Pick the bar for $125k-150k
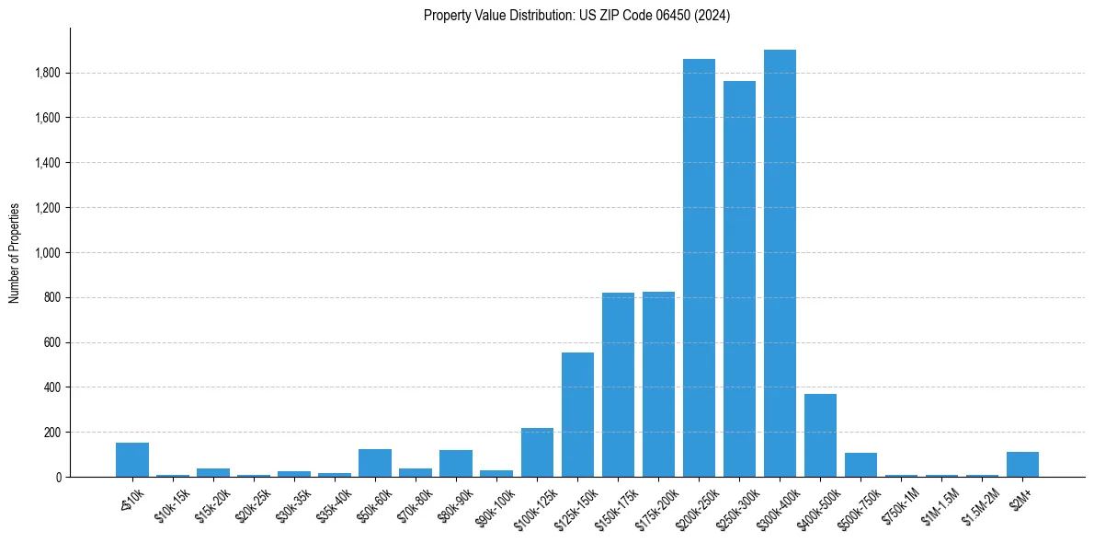(577, 414)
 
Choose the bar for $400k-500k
(820, 435)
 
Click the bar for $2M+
(1022, 464)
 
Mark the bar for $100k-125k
(537, 452)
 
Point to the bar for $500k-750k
(860, 465)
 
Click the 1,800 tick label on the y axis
(49, 73)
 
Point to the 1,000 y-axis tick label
(49, 253)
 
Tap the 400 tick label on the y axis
(53, 387)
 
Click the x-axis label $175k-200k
(654, 504)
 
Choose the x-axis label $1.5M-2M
(978, 503)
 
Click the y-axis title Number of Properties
(14, 253)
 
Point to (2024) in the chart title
(714, 16)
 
